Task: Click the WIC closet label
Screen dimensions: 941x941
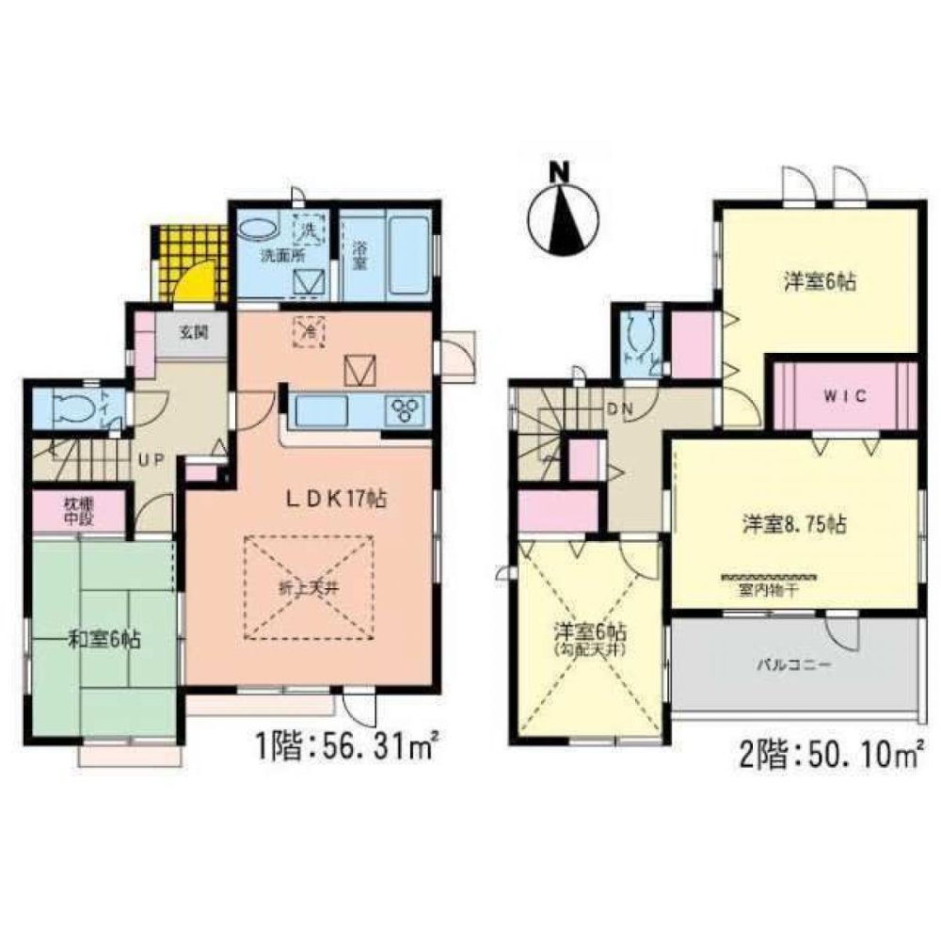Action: coord(842,395)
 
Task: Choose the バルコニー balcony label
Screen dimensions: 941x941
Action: coord(791,664)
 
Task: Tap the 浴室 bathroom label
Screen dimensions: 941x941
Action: coord(359,256)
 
